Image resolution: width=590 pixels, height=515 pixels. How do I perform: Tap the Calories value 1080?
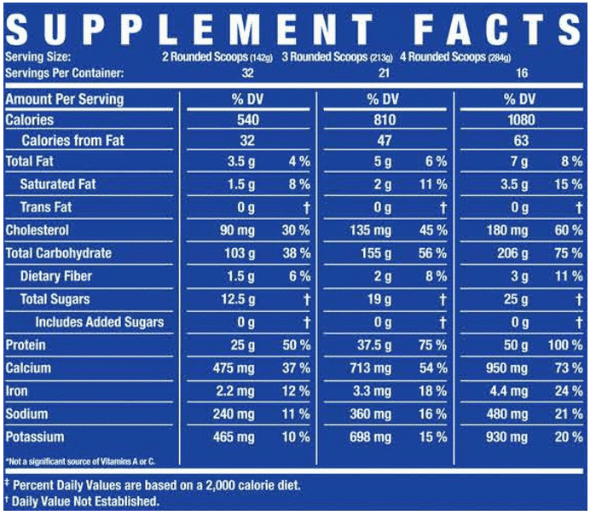coord(520,120)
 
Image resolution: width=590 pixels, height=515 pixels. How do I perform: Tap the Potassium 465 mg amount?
coord(234,437)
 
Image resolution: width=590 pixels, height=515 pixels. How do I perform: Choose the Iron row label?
coord(17,391)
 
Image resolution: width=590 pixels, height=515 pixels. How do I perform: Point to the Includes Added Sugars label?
coord(99,322)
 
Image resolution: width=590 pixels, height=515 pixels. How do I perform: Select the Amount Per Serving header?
coord(64,99)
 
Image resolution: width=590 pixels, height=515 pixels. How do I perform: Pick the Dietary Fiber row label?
coord(56,276)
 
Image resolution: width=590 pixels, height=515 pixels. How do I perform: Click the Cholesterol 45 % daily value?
coord(431,231)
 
